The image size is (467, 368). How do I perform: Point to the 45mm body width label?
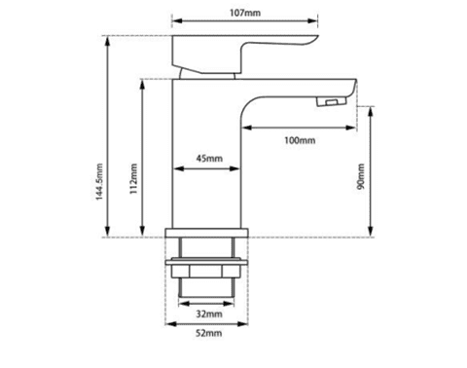coord(208,158)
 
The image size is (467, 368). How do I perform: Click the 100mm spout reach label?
coord(299,141)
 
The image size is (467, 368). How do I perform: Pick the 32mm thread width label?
coord(208,313)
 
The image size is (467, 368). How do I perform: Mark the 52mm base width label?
coord(208,334)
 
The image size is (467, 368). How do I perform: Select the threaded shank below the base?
coord(208,283)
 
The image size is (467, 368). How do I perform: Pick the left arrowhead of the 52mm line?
coord(167,325)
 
